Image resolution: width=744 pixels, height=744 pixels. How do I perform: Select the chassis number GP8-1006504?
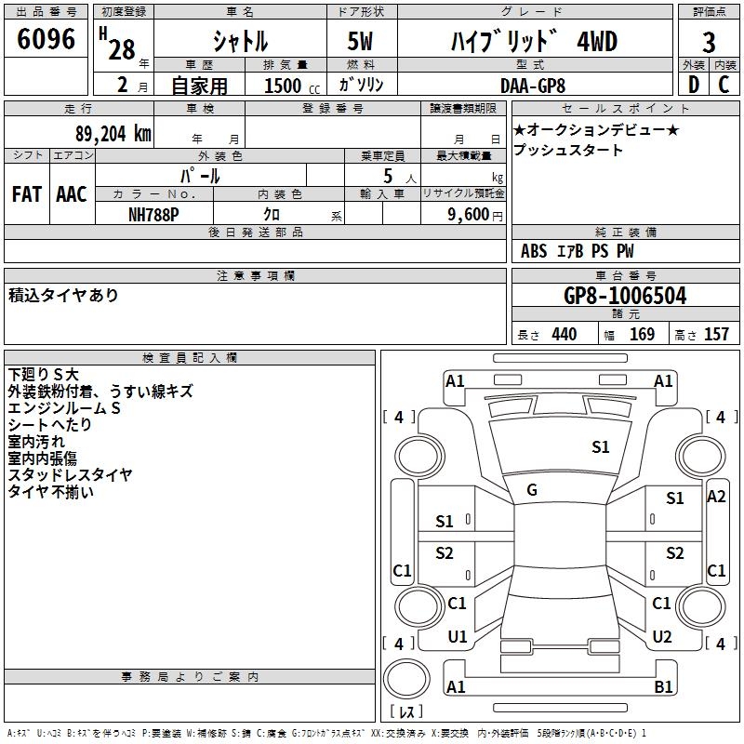(x=625, y=296)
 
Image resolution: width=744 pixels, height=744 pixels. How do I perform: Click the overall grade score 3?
(x=709, y=42)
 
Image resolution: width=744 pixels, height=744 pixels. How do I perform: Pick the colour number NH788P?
(x=153, y=213)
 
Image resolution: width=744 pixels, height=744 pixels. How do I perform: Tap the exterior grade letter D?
(x=693, y=85)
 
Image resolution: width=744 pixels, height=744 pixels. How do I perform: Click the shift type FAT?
(x=27, y=194)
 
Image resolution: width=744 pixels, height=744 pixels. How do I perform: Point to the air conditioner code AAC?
(x=72, y=194)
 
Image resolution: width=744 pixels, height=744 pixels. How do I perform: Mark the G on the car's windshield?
(x=532, y=490)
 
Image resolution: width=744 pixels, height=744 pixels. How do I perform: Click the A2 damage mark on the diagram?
(x=716, y=497)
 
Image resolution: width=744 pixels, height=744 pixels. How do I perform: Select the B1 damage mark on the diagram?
(x=664, y=687)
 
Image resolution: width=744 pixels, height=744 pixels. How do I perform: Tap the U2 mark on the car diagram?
(x=662, y=637)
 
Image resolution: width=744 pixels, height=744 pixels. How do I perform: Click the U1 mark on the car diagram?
(x=458, y=637)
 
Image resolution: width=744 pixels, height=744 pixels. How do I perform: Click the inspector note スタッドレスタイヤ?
(x=71, y=474)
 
